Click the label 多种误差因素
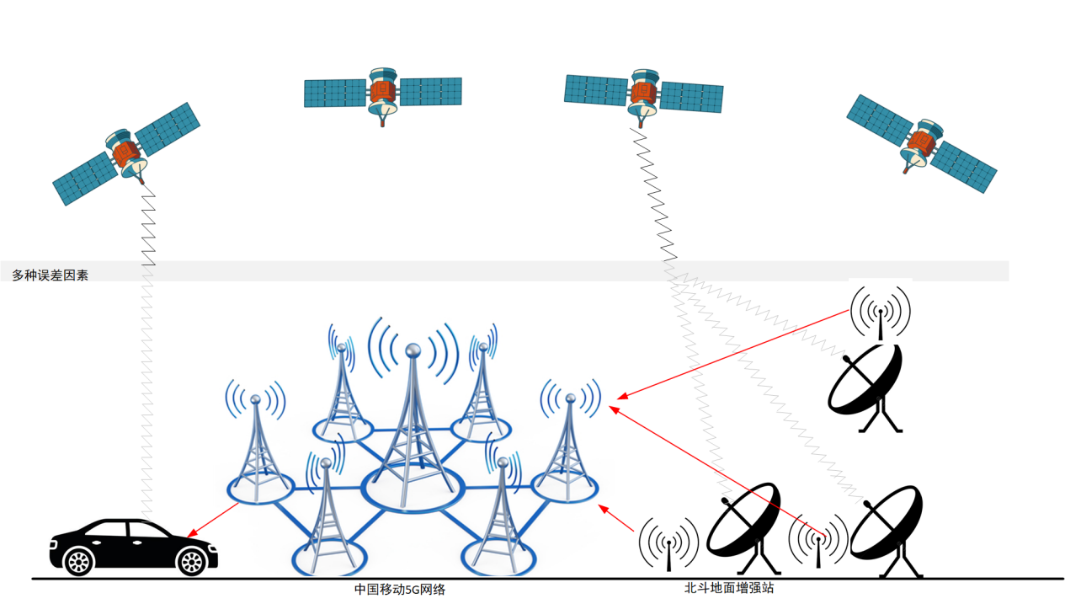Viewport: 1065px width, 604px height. [x=50, y=275]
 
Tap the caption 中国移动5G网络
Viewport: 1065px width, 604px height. [x=399, y=590]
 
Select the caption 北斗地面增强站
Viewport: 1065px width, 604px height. [x=728, y=588]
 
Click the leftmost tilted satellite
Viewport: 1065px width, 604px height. [x=126, y=154]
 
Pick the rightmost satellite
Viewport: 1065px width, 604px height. [x=921, y=143]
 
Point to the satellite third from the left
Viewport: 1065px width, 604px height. [x=644, y=92]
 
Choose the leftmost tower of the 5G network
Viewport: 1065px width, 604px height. [x=258, y=446]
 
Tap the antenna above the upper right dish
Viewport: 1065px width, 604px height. [x=881, y=312]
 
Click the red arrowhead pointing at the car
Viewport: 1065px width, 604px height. [x=191, y=534]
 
